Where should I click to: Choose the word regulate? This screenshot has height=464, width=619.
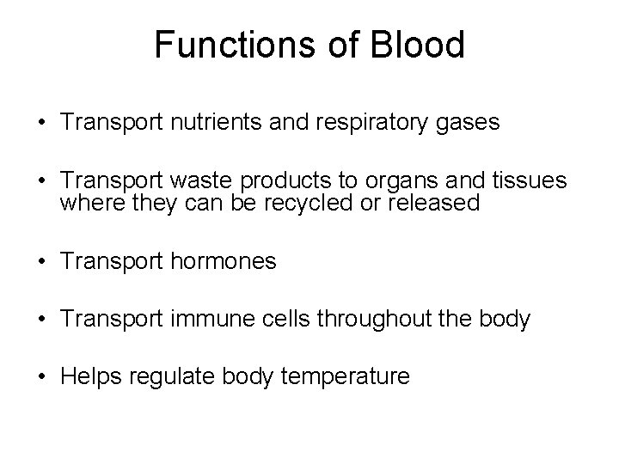(169, 377)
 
